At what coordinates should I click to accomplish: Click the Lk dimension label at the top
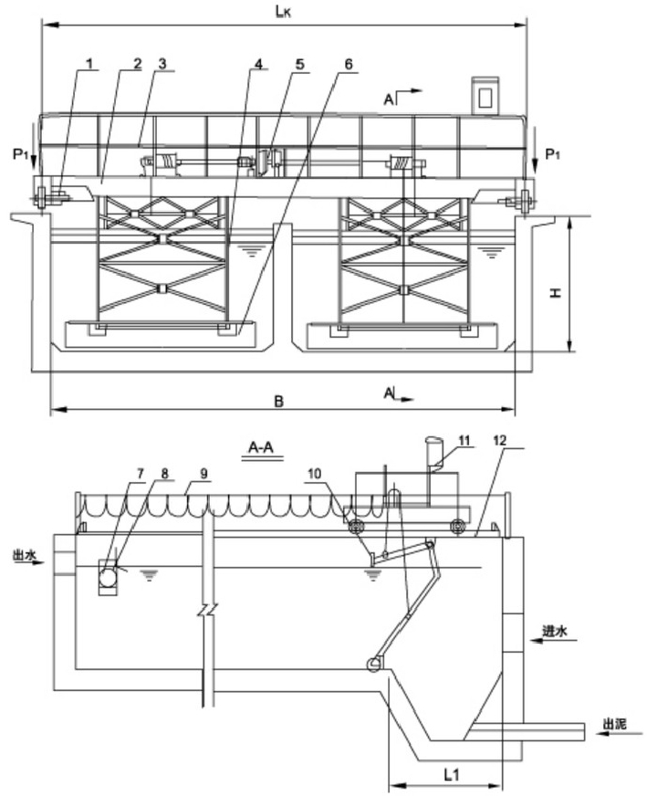283,12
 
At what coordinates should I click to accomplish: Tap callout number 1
89,64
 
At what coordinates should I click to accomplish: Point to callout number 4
258,64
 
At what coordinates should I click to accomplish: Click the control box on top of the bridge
486,96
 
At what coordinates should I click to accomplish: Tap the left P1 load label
20,154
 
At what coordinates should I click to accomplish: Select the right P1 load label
553,154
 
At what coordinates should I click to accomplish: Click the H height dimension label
557,293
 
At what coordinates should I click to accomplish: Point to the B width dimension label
278,402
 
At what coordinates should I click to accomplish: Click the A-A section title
261,447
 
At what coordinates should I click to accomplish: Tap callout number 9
203,473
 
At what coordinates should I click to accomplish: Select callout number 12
500,441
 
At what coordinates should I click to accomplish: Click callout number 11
464,440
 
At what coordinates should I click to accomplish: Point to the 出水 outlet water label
25,557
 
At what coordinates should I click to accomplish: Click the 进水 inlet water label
555,631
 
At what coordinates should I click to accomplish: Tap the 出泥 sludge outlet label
614,723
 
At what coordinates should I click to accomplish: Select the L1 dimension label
452,775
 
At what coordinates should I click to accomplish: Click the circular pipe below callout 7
108,577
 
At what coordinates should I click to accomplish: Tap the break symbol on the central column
208,608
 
